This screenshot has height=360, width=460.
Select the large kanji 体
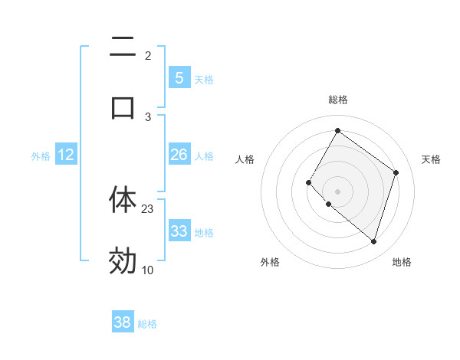point(123,198)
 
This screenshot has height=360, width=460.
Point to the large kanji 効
point(123,260)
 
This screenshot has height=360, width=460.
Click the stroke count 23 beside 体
point(148,208)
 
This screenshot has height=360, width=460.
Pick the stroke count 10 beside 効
point(148,270)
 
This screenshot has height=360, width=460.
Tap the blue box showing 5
point(179,78)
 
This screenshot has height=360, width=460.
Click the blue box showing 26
point(179,155)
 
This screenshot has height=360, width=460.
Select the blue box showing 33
point(179,231)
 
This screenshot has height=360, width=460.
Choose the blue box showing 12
point(66,155)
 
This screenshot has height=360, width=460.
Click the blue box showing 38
point(123,322)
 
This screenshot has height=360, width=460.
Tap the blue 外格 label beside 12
point(41,156)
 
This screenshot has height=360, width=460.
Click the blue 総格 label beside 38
point(147,324)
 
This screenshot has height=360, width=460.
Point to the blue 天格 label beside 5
point(204,80)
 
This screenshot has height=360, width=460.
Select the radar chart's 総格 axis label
point(338,100)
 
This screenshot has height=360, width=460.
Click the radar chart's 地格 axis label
point(402,262)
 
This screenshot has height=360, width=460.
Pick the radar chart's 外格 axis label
point(270,262)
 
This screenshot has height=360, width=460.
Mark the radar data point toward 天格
point(396,172)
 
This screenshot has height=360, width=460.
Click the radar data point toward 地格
point(373,241)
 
